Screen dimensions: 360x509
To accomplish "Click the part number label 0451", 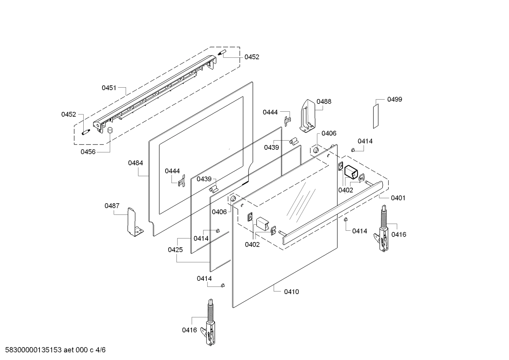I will pyautogui.click(x=109, y=88).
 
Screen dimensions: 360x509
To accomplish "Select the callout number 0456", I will pyautogui.click(x=88, y=152).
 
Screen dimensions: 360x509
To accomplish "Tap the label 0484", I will pyautogui.click(x=136, y=163).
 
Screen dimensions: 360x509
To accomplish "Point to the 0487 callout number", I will pyautogui.click(x=112, y=206).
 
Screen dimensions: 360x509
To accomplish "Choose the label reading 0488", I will pyautogui.click(x=324, y=101).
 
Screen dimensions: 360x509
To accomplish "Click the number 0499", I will pyautogui.click(x=394, y=99).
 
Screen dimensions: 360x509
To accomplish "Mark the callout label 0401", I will pyautogui.click(x=398, y=198).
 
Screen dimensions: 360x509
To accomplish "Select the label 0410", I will pyautogui.click(x=291, y=291).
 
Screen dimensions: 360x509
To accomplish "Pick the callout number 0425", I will pyautogui.click(x=175, y=250).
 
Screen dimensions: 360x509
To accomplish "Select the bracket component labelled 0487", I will pyautogui.click(x=133, y=223).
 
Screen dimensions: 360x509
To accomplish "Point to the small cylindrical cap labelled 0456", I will pyautogui.click(x=110, y=130).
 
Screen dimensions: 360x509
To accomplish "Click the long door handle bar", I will pyautogui.click(x=332, y=212).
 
